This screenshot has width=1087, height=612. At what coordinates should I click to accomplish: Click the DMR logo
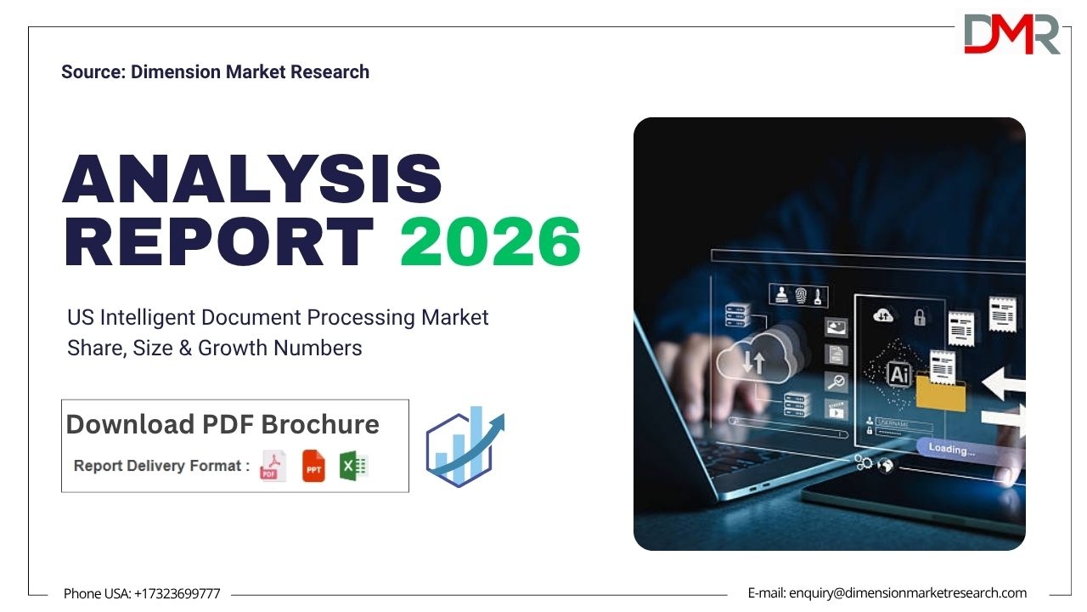pyautogui.click(x=1011, y=33)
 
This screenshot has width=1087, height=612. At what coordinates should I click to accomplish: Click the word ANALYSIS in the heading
pyautogui.click(x=252, y=178)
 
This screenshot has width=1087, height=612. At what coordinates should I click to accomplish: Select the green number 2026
pyautogui.click(x=490, y=241)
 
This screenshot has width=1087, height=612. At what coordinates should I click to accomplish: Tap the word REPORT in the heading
pyautogui.click(x=219, y=241)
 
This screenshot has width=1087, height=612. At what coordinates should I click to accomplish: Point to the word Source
pyautogui.click(x=93, y=72)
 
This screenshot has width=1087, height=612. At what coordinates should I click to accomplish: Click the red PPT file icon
pyautogui.click(x=313, y=466)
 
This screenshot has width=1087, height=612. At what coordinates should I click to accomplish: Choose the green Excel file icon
pyautogui.click(x=354, y=466)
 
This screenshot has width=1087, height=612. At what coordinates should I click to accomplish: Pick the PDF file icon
pyautogui.click(x=273, y=466)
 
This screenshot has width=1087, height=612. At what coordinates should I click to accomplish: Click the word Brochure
pyautogui.click(x=320, y=424)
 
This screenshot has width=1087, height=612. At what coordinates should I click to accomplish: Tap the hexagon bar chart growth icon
pyautogui.click(x=465, y=447)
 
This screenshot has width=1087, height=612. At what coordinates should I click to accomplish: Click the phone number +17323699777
pyautogui.click(x=177, y=593)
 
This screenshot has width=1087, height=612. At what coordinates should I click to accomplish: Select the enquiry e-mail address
pyautogui.click(x=908, y=593)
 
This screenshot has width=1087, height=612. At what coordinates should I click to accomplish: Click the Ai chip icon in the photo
pyautogui.click(x=899, y=374)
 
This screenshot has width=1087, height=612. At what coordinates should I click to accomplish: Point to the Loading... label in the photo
pyautogui.click(x=951, y=449)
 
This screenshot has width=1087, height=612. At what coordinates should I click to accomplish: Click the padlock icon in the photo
pyautogui.click(x=920, y=317)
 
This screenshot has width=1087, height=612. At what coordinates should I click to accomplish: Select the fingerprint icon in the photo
pyautogui.click(x=801, y=295)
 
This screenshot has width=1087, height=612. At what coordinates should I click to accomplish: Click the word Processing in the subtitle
pyautogui.click(x=361, y=318)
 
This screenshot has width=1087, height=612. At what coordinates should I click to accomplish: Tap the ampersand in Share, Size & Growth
pyautogui.click(x=185, y=348)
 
